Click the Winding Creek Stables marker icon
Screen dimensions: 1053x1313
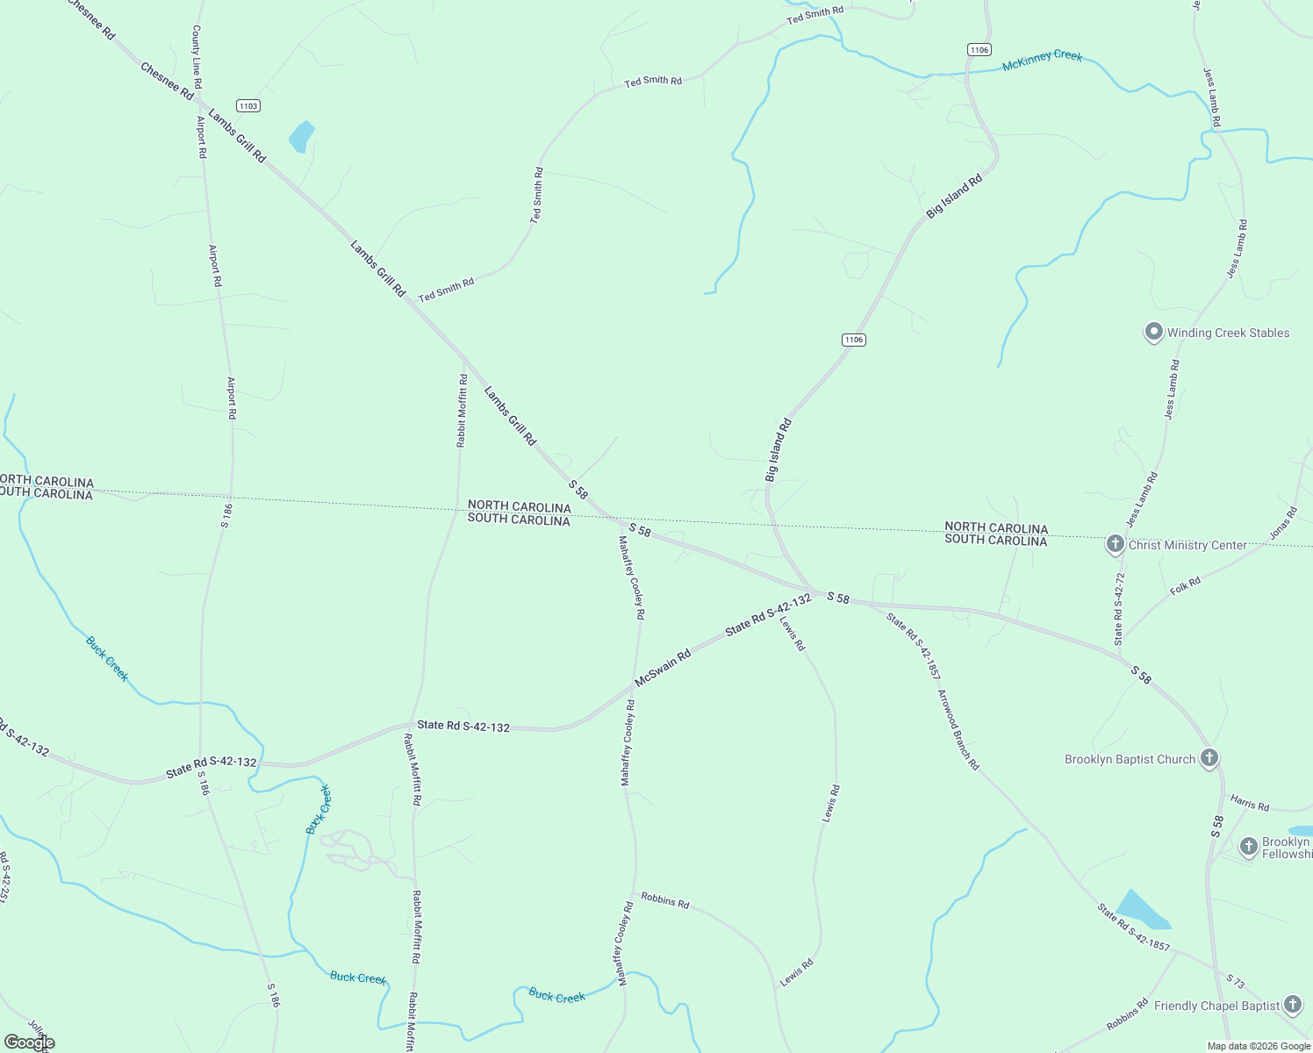coord(1153,333)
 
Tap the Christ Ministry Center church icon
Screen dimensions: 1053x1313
coord(1115,544)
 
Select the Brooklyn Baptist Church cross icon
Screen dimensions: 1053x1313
coord(1209,758)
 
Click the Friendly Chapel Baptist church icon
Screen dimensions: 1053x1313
coord(1292,1005)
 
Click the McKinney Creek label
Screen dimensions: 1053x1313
coord(1042,60)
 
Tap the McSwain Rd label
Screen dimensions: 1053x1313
coord(663,667)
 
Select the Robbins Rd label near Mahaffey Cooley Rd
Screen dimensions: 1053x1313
coord(664,900)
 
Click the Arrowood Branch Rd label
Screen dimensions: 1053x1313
coord(958,729)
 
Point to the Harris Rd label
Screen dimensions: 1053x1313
coord(1249,803)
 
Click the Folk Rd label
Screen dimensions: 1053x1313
coord(1185,586)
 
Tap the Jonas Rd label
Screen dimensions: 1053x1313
coord(1282,523)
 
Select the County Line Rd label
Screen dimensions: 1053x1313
coord(197,57)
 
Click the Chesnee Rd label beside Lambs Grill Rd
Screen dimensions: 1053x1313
coord(167,80)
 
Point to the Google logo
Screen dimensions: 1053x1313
coord(28,1042)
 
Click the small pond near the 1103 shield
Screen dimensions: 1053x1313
coord(301,137)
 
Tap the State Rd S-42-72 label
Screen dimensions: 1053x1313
coord(1119,609)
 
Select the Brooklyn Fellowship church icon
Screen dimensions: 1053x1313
coord(1248,847)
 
